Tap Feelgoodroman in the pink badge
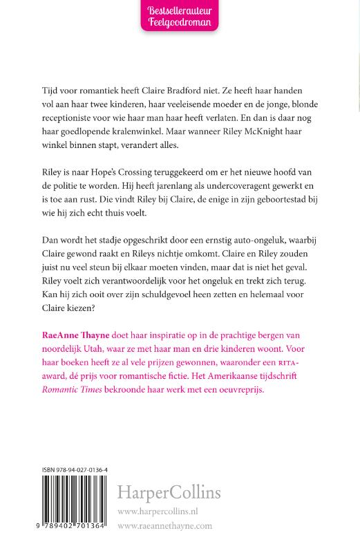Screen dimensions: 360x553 coord(180,24)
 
